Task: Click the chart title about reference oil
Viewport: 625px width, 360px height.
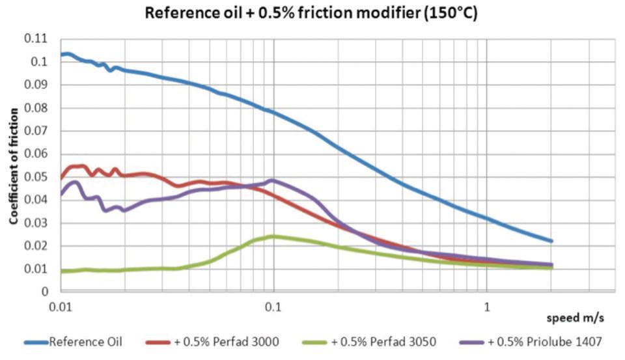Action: (x=312, y=13)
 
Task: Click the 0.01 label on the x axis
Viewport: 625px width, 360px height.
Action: (x=61, y=304)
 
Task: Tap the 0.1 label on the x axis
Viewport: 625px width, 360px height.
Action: (x=273, y=304)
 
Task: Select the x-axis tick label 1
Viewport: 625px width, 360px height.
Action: (x=487, y=304)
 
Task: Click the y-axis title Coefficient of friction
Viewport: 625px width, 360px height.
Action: (x=13, y=164)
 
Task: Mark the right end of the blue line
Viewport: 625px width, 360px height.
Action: (x=551, y=241)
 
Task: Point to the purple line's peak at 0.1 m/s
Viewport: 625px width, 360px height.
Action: (x=271, y=180)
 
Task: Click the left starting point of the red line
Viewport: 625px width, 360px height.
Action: (x=61, y=177)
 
